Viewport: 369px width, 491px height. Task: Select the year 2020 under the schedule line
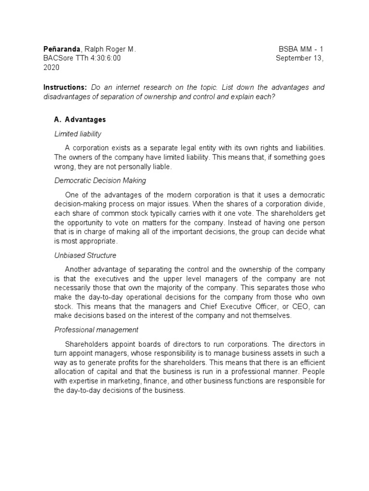[51, 67]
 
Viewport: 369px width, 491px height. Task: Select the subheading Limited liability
[77, 134]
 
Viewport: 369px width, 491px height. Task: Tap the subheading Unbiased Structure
[85, 255]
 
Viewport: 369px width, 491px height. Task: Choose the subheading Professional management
[96, 330]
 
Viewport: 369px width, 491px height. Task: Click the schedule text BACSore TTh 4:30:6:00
[82, 58]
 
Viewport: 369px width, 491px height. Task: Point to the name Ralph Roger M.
[110, 49]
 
